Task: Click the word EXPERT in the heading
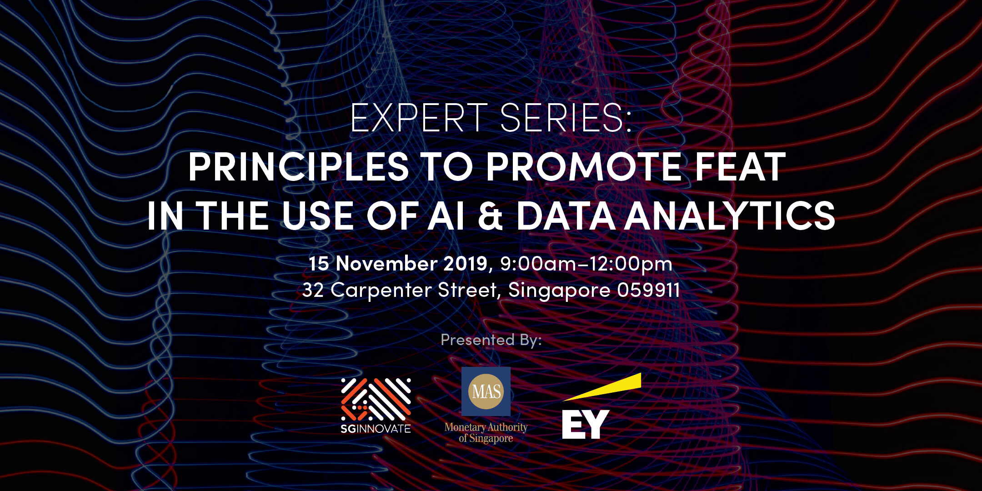[x=419, y=118]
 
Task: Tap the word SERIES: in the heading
[x=566, y=118]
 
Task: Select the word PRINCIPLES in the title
[x=299, y=167]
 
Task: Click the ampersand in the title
[x=491, y=216]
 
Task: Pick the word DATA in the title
[x=566, y=216]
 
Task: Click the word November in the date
[x=387, y=264]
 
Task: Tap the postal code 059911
[x=648, y=290]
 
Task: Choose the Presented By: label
[x=491, y=340]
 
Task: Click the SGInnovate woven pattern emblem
[x=376, y=399]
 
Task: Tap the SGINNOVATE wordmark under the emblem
[x=376, y=429]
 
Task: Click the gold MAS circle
[x=486, y=391]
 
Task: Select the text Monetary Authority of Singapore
[x=486, y=433]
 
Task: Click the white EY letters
[x=586, y=424]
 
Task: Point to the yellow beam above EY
[x=602, y=387]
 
